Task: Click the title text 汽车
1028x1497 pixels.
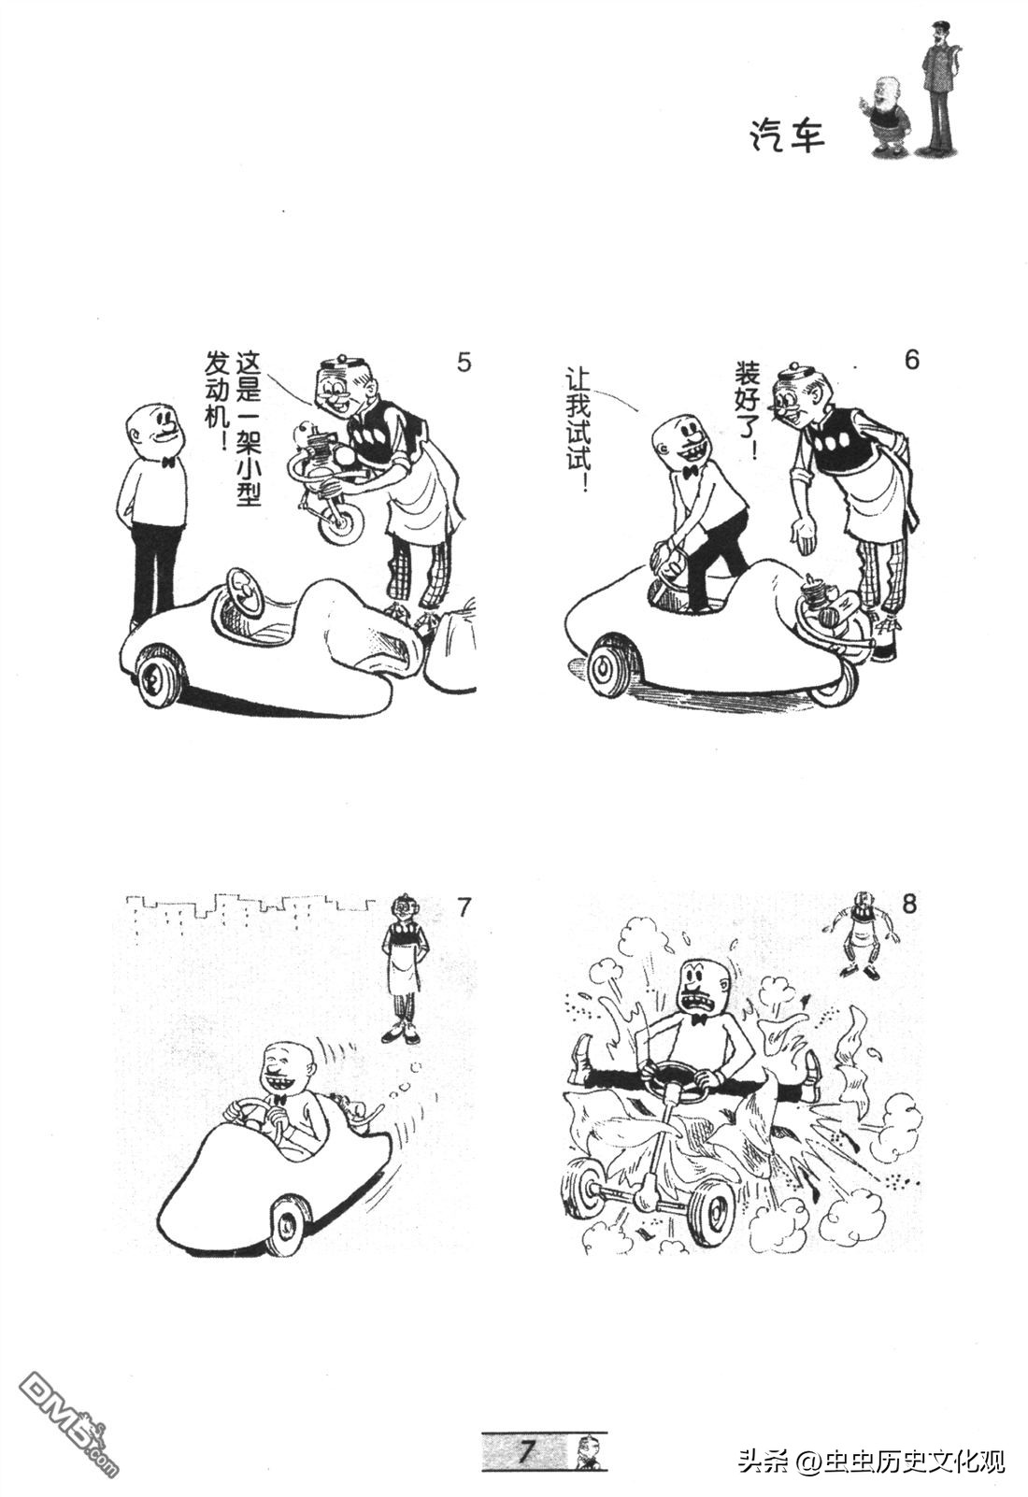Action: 785,135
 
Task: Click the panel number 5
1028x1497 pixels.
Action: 464,362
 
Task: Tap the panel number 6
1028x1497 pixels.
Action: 912,360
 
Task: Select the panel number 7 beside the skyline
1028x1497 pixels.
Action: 464,907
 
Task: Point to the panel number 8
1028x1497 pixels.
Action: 909,905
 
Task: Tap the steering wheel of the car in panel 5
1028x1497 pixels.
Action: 243,591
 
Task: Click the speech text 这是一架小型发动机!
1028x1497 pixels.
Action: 233,428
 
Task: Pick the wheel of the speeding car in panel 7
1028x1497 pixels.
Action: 290,1224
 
